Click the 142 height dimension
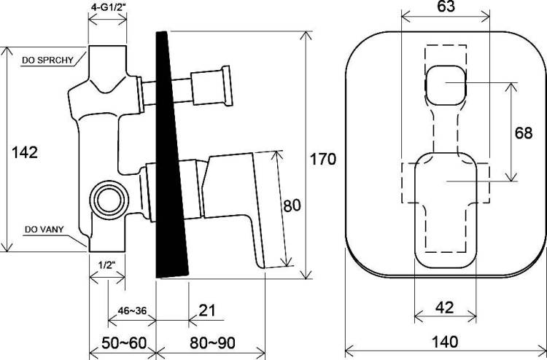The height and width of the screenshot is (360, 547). tap(25, 152)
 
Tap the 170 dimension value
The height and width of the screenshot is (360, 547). tap(323, 160)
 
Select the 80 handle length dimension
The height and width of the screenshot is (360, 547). tap(292, 206)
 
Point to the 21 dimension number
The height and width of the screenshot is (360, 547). tap(207, 310)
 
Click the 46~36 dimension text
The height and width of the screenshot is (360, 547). tap(132, 310)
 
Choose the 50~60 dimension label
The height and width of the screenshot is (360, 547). tap(124, 343)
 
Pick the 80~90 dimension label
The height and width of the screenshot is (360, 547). tap(212, 343)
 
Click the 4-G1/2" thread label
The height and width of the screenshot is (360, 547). tap(107, 7)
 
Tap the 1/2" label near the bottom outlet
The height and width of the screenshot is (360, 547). tap(106, 265)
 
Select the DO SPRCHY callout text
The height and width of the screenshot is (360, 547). tap(48, 60)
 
